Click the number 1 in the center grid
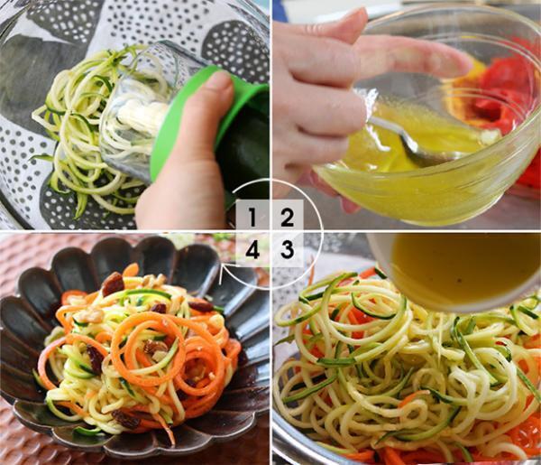(253, 218)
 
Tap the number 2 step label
(287, 218)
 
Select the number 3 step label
(287, 250)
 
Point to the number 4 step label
(253, 250)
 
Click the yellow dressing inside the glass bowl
(433, 172)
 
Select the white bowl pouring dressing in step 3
(451, 266)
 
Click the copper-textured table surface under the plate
(27, 442)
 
